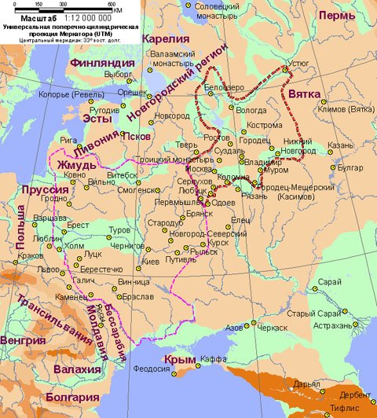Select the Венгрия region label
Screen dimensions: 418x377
click(23, 340)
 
